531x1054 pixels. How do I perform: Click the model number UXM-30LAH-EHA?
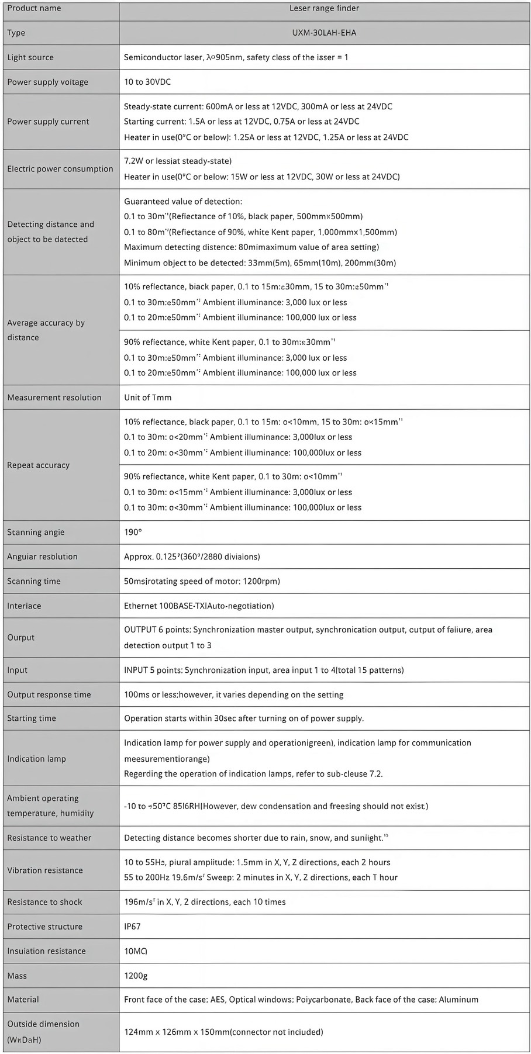[324, 33]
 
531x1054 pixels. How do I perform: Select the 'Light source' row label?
[30, 57]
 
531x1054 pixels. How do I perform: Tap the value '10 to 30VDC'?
[147, 82]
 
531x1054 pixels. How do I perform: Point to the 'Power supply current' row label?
[48, 122]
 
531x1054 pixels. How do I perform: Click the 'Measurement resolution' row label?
[54, 398]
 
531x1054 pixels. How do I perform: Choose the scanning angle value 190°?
[133, 532]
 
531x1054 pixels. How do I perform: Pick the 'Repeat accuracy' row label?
[39, 465]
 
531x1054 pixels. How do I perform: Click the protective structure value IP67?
[132, 927]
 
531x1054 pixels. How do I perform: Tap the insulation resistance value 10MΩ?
[136, 951]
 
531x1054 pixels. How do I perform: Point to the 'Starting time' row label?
[32, 718]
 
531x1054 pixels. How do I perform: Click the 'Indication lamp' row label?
[36, 759]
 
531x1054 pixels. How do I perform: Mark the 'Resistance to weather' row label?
[49, 838]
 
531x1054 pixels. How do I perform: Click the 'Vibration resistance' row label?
[45, 870]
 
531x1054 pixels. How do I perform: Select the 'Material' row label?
[23, 1000]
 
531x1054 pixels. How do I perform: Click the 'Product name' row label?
[34, 8]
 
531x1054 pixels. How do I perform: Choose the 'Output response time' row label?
[49, 694]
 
